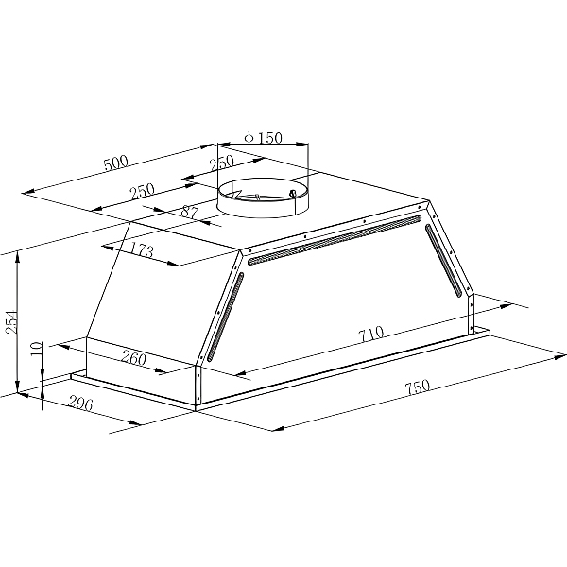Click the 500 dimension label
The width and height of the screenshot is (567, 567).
coord(114,163)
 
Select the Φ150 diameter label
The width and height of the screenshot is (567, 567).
coord(262,138)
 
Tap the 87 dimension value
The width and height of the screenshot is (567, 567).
coord(189,214)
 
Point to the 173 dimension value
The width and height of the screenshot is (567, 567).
coord(142,251)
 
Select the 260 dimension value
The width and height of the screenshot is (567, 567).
coord(134,358)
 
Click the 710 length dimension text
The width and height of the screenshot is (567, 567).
coord(370,334)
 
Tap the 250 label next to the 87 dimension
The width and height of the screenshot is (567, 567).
coord(142,191)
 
